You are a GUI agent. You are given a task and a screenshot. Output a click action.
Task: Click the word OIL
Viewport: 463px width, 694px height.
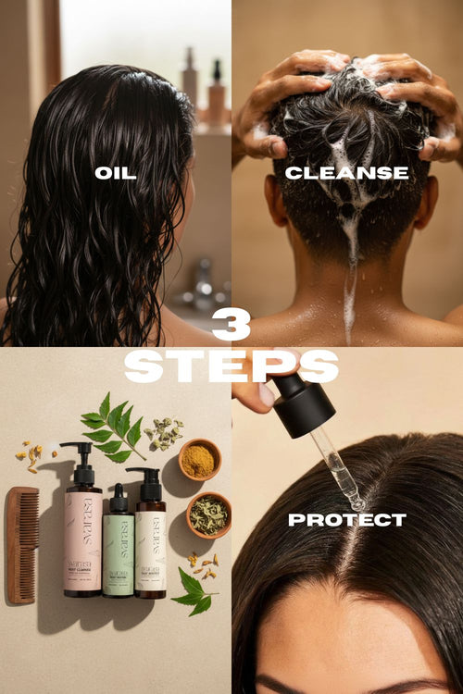(x=115, y=173)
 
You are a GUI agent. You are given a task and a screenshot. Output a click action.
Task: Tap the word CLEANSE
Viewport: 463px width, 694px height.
(x=346, y=173)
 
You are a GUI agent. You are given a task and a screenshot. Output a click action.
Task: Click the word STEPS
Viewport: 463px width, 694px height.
(x=231, y=366)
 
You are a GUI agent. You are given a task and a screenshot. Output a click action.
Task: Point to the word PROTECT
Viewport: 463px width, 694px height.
(x=346, y=520)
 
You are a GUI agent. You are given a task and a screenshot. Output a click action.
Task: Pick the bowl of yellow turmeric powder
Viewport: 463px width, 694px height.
(x=199, y=459)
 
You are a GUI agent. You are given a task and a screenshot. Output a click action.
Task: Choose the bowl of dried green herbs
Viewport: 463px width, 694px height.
(x=208, y=514)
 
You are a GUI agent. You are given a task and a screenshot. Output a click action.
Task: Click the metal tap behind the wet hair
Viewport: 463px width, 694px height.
(x=202, y=282)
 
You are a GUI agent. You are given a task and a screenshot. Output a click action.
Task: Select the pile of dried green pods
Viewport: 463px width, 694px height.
(x=165, y=433)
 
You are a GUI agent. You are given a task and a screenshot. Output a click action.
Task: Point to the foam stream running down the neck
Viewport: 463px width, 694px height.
(x=351, y=278)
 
